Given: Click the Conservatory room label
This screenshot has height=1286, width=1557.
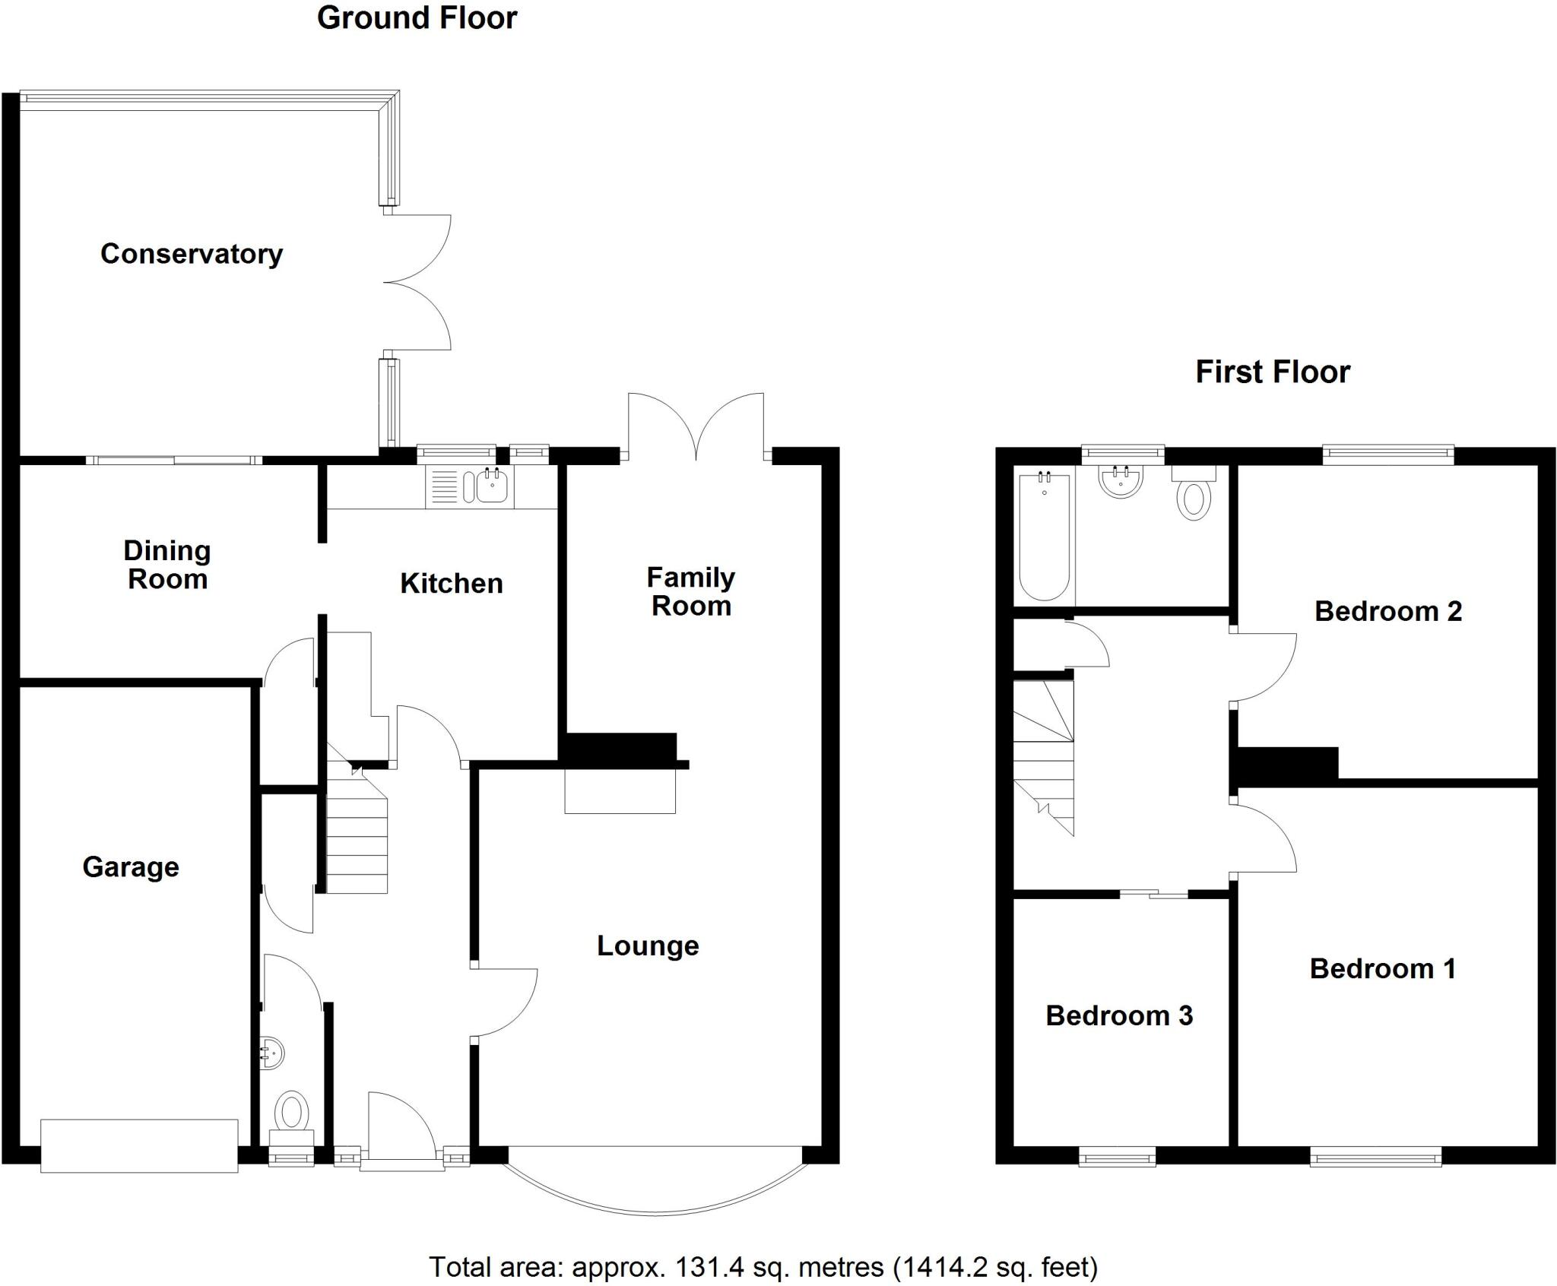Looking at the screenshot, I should (x=192, y=254).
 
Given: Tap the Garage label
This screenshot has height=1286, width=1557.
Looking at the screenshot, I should (x=131, y=867).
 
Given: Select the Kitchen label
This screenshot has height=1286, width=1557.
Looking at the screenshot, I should (x=452, y=584).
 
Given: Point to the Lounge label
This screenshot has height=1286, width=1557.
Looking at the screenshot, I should (x=648, y=945).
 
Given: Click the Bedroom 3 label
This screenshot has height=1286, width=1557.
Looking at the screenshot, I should (x=1119, y=1015).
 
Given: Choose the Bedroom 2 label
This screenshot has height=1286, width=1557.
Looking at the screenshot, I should (x=1388, y=611).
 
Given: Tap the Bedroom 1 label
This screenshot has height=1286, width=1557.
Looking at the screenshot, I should (x=1383, y=968).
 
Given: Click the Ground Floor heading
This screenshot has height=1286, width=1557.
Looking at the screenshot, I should (x=417, y=18).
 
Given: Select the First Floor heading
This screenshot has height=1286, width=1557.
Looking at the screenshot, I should (x=1273, y=372).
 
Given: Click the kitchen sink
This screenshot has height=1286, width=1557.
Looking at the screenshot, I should (x=492, y=486).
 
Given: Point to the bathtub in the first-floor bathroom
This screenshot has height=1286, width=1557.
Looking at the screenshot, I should (x=1045, y=536).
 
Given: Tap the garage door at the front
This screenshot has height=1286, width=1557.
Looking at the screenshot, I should (x=139, y=1146).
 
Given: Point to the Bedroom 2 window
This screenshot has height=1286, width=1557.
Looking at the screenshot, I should (x=1388, y=455).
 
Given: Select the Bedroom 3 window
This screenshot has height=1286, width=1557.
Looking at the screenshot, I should (x=1118, y=1158).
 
